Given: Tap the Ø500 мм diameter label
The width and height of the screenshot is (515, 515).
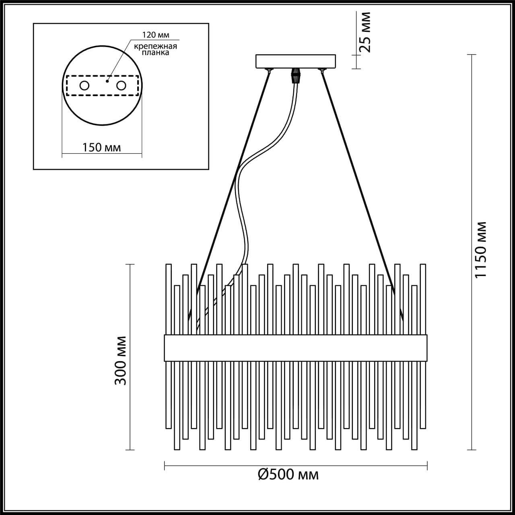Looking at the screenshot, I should tap(288, 475).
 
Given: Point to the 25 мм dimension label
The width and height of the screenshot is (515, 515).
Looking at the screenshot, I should tap(365, 32).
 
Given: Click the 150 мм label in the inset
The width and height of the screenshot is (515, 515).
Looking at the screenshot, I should tap(101, 147).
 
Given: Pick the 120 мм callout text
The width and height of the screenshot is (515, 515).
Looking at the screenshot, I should tap(154, 35).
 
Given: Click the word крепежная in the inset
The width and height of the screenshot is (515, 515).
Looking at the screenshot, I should tap(155, 46).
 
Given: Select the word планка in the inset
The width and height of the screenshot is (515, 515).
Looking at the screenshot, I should tap(156, 53).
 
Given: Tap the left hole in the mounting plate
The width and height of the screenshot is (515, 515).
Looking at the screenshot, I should tap(84, 85).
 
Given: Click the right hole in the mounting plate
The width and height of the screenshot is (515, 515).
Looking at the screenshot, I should tap(121, 85).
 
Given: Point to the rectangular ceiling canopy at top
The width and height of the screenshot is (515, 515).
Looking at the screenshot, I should tap(297, 61).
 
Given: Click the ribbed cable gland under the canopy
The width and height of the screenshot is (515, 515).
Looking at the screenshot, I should tap(296, 75).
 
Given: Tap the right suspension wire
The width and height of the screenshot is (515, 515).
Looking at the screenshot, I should tap(358, 181).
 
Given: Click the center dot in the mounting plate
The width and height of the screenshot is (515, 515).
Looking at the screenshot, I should tap(107, 81).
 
